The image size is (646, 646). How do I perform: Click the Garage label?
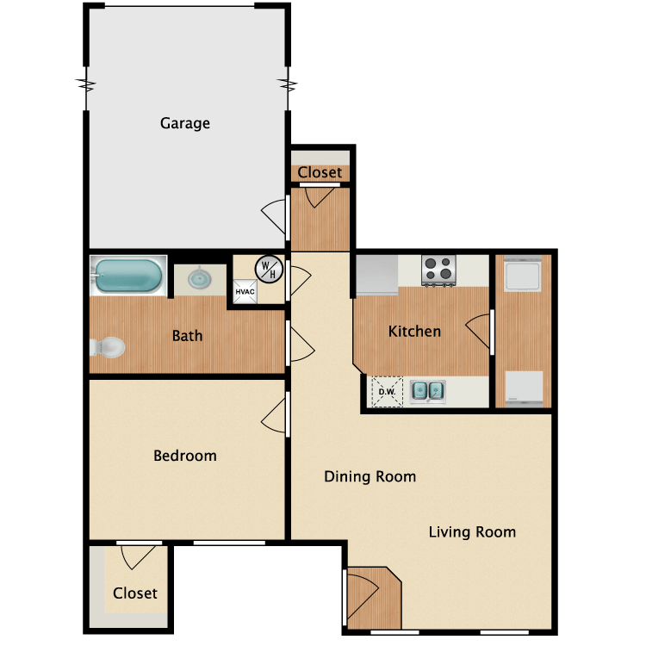coord(185,123)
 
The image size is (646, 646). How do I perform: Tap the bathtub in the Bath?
coord(128,276)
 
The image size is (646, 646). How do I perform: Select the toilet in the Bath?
coord(107,347)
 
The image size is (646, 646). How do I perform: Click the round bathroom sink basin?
coord(200,278)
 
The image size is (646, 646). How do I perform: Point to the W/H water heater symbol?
coord(269,270)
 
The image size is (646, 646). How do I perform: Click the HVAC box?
coord(245,292)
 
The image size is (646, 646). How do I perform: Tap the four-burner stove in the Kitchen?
coord(438,270)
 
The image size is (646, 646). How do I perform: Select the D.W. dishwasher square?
coord(387,392)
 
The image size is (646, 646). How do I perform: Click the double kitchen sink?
coord(428,391)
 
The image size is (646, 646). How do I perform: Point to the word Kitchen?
coord(414,332)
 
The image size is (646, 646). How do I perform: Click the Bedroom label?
coord(185,456)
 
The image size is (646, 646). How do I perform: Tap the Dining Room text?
coord(370,476)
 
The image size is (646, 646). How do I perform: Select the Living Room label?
coord(472,532)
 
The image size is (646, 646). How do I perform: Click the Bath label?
coord(187,336)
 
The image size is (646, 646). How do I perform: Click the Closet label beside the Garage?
coord(320,172)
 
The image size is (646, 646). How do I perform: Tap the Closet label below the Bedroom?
coord(135,593)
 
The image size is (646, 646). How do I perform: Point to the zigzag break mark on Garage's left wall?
coord(86,85)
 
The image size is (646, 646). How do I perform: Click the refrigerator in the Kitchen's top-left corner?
coord(377,275)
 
